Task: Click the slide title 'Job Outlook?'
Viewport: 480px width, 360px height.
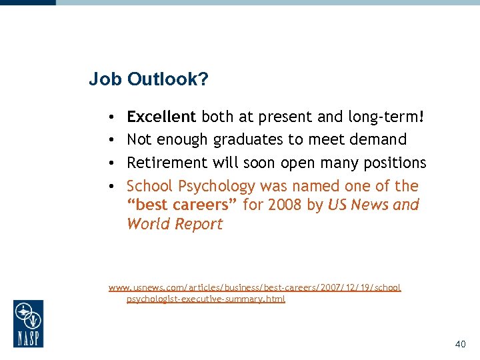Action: click(148, 80)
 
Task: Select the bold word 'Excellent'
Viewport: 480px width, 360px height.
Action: click(161, 117)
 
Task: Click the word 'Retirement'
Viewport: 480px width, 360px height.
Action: click(167, 163)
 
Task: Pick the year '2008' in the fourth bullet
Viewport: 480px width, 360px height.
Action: click(285, 205)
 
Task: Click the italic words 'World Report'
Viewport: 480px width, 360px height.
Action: click(175, 224)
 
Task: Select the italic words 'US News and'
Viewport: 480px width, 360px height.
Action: click(373, 205)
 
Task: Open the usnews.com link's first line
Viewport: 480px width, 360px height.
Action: click(255, 287)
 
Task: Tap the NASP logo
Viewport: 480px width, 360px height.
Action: click(28, 323)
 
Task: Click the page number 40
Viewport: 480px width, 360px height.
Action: click(459, 344)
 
